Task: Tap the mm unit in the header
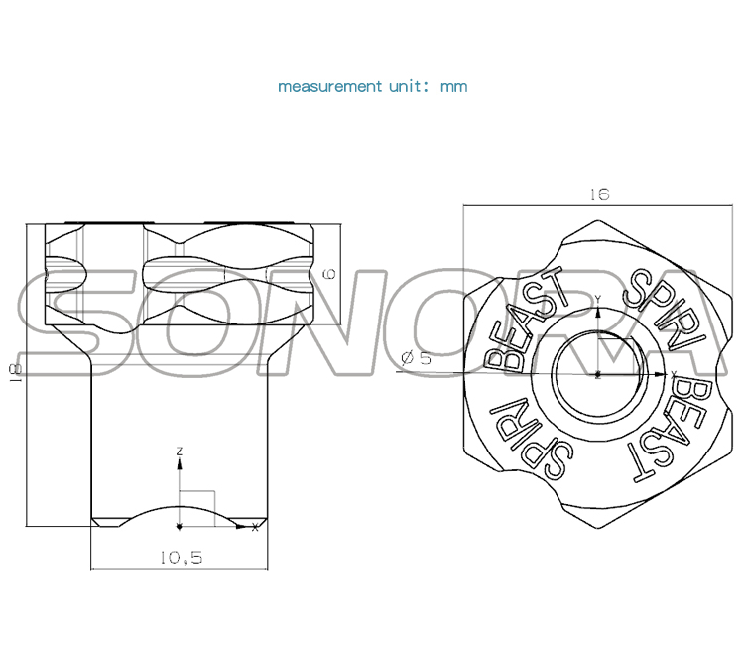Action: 453,86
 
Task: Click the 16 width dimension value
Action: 598,194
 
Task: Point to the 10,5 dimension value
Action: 180,558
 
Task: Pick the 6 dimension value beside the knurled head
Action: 331,274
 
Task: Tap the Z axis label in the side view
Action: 179,452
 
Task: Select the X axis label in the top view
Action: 674,374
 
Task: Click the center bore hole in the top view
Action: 598,375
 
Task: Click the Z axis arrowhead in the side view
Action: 179,462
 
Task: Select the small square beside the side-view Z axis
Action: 197,506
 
